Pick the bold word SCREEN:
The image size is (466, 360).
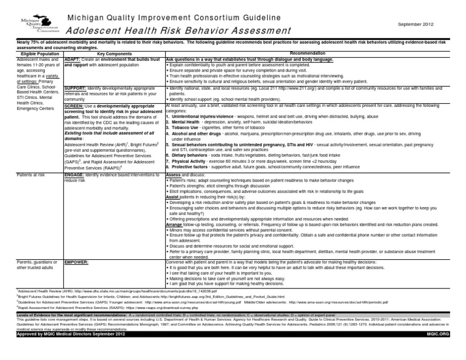tap(74, 106)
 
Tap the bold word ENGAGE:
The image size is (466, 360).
tap(75, 174)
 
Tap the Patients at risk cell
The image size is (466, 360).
tap(19, 174)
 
